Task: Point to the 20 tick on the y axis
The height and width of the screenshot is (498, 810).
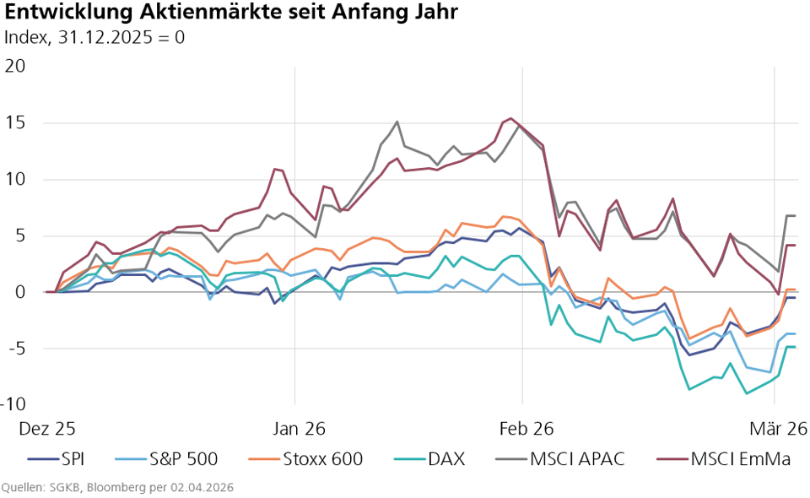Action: [x=15, y=66]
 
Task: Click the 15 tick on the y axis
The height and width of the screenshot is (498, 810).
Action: [x=15, y=122]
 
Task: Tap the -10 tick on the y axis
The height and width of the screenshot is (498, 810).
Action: [x=13, y=404]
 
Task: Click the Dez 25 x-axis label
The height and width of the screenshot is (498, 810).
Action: [x=47, y=429]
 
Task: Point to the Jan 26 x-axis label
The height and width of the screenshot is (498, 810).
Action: [x=295, y=429]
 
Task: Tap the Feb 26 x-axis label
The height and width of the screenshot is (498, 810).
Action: [x=522, y=429]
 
